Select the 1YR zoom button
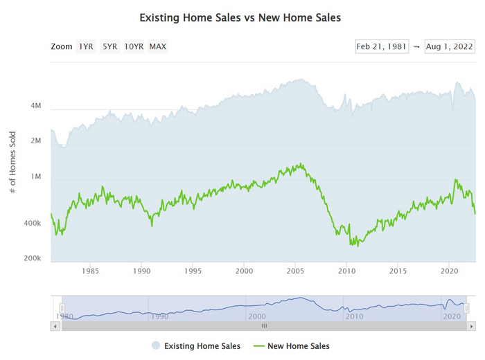point(86,46)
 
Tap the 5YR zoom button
point(109,46)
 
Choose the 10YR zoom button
point(134,46)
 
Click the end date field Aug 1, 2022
point(449,46)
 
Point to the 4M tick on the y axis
point(35,107)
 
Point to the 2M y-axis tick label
point(35,141)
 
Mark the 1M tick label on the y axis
point(35,177)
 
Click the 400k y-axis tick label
point(32,224)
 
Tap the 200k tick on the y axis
point(32,258)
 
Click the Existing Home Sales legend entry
point(195,345)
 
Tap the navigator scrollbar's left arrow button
point(55,325)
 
